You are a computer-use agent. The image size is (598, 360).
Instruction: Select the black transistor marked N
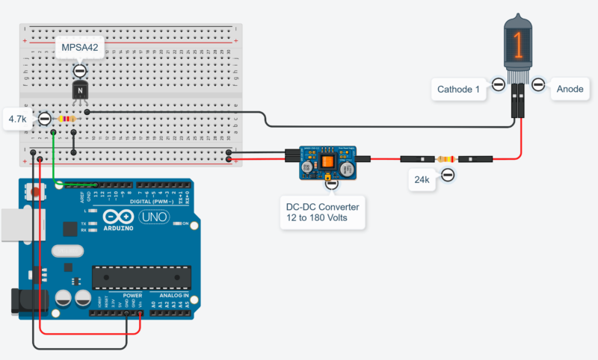point(80,90)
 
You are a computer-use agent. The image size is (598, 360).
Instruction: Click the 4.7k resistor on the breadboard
point(67,119)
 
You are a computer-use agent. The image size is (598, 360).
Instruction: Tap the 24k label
point(422,179)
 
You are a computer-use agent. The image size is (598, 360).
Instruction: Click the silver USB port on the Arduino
point(13,226)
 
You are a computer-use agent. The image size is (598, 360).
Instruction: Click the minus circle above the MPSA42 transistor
point(80,70)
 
